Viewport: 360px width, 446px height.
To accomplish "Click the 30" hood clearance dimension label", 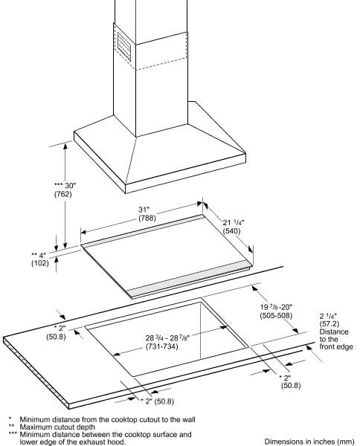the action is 65,186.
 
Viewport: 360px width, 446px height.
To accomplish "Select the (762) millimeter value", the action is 63,194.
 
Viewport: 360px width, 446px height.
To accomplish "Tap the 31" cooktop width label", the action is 144,210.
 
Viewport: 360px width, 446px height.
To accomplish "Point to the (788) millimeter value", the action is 147,218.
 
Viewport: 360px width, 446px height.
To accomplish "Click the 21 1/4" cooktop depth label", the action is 234,222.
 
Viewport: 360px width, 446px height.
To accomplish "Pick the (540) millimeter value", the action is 232,231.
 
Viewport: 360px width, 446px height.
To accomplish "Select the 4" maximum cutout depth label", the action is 39,255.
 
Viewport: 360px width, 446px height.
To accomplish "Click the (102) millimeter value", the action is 40,263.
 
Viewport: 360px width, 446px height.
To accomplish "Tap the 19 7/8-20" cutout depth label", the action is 276,307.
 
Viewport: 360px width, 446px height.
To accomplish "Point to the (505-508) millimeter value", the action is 276,315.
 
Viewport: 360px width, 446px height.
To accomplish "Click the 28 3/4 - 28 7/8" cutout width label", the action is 167,338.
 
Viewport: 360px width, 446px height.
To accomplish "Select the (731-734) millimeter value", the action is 162,346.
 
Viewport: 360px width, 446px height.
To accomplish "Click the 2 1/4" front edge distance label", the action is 328,316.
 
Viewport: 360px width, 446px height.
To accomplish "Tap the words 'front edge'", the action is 336,346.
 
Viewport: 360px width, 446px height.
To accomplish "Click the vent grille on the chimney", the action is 124,47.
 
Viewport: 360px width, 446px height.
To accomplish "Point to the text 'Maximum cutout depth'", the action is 57,427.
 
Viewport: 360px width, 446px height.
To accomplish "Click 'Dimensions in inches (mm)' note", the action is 309,442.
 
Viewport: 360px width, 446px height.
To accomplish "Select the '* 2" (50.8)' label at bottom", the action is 158,401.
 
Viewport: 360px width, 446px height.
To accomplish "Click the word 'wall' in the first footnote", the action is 188,419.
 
